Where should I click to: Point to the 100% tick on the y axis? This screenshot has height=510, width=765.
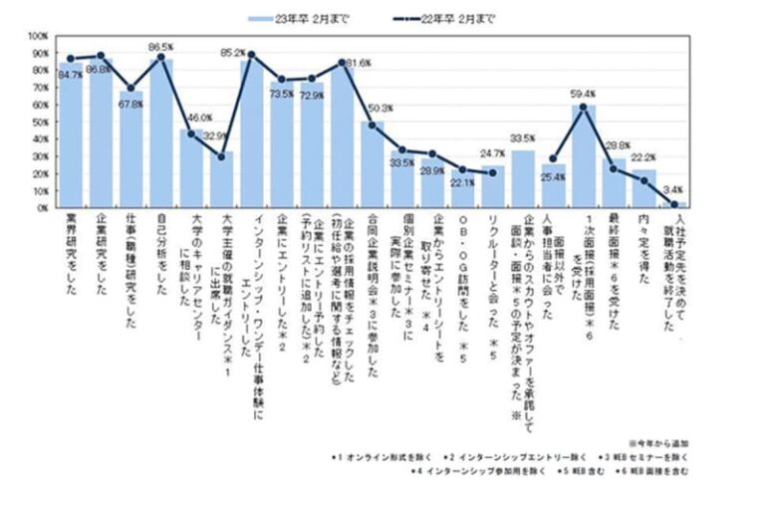click(38, 36)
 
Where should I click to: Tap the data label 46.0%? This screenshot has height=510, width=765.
click(199, 118)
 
